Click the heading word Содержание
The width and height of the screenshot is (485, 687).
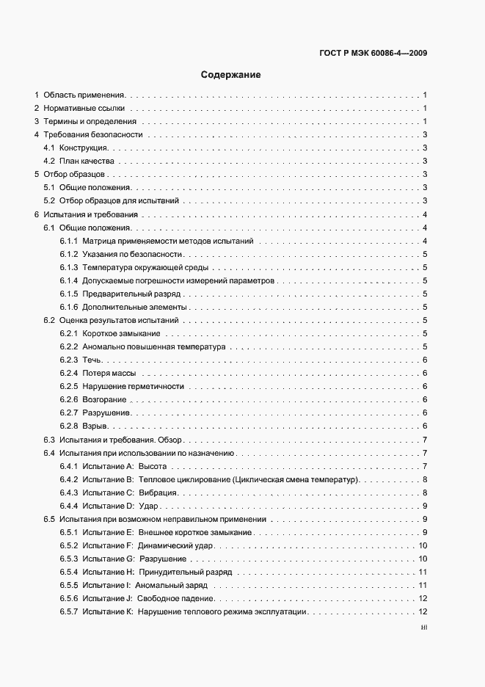coord(231,75)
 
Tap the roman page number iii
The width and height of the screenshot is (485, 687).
coord(423,628)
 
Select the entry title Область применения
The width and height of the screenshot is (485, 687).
coord(84,95)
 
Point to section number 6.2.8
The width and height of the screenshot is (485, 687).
coord(69,426)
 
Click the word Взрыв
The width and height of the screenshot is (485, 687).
coord(96,426)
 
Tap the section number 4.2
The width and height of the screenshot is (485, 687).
coord(50,161)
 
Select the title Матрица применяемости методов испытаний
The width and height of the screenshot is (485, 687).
coord(168,241)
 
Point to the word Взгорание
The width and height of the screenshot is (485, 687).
coord(104,400)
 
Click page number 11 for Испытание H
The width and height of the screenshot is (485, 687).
coord(423,572)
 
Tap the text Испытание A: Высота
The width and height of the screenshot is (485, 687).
coord(125,466)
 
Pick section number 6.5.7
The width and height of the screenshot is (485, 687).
coord(69,611)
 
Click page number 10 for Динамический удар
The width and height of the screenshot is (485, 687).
coord(423,545)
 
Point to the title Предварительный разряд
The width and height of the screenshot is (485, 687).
coord(131,294)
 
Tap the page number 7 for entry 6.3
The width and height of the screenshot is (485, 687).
coord(426,440)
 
